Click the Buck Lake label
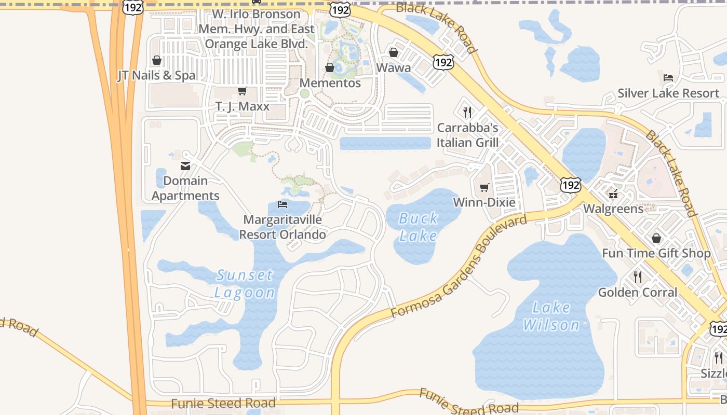coord(418,227)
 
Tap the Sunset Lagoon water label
coord(245,284)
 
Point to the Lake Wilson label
coord(551,316)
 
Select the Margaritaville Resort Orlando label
coord(282,227)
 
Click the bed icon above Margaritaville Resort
coord(282,204)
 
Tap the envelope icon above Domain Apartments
coord(185,166)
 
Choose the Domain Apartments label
coord(185,188)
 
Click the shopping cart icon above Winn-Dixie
coord(484,187)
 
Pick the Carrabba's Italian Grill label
coord(467,135)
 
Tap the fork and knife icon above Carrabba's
coord(467,112)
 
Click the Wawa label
coord(393,68)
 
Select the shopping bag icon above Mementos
coord(329,67)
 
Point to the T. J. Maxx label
coord(243,107)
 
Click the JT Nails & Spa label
coord(156,76)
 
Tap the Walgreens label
coord(613,209)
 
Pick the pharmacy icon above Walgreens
coord(613,195)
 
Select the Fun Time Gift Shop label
coord(656,254)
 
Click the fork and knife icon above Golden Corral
coord(638,277)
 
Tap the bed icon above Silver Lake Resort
coord(668,78)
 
